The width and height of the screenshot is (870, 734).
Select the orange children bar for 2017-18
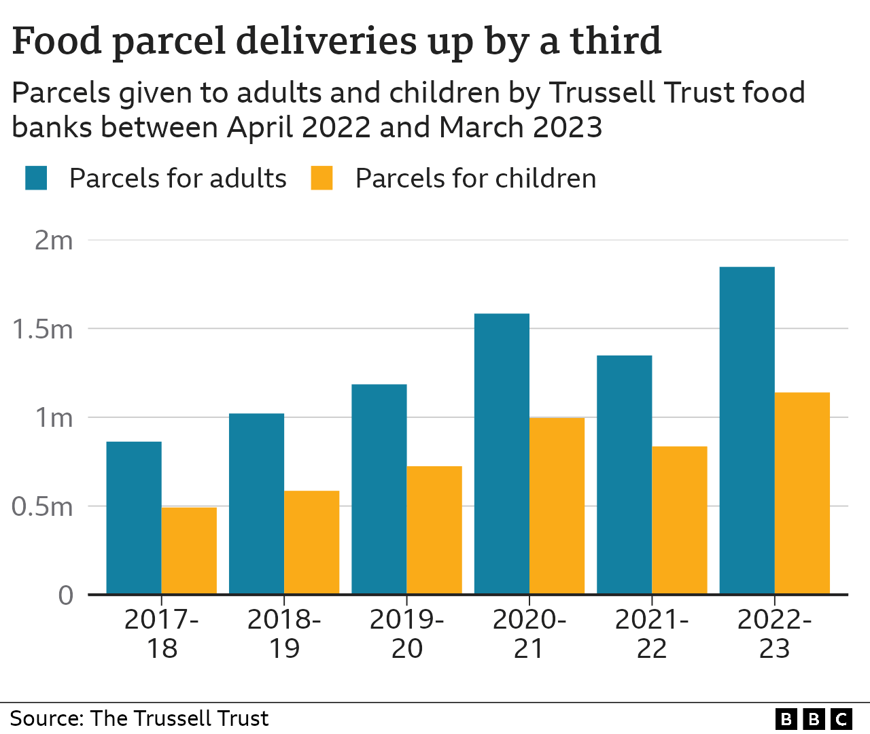click(189, 550)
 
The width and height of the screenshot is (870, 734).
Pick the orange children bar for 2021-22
click(679, 520)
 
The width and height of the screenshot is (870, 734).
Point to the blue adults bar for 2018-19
click(256, 504)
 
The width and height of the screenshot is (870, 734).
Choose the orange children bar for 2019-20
click(434, 530)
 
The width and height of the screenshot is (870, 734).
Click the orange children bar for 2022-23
click(802, 493)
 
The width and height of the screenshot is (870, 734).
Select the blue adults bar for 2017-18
click(134, 518)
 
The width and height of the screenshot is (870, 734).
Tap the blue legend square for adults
click(36, 178)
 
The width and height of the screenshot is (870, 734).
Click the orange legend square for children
click(321, 178)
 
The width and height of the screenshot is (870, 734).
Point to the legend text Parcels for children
click(475, 179)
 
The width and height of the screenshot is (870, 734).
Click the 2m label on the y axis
click(54, 241)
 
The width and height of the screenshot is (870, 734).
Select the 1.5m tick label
click(43, 329)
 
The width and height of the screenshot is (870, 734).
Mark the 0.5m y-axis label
click(43, 506)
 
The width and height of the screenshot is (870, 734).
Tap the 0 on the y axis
click(65, 595)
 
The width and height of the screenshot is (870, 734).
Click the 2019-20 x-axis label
click(406, 633)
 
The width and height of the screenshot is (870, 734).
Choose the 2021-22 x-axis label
click(652, 633)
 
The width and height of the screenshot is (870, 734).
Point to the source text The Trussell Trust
click(179, 718)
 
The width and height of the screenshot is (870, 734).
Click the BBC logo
click(814, 718)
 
